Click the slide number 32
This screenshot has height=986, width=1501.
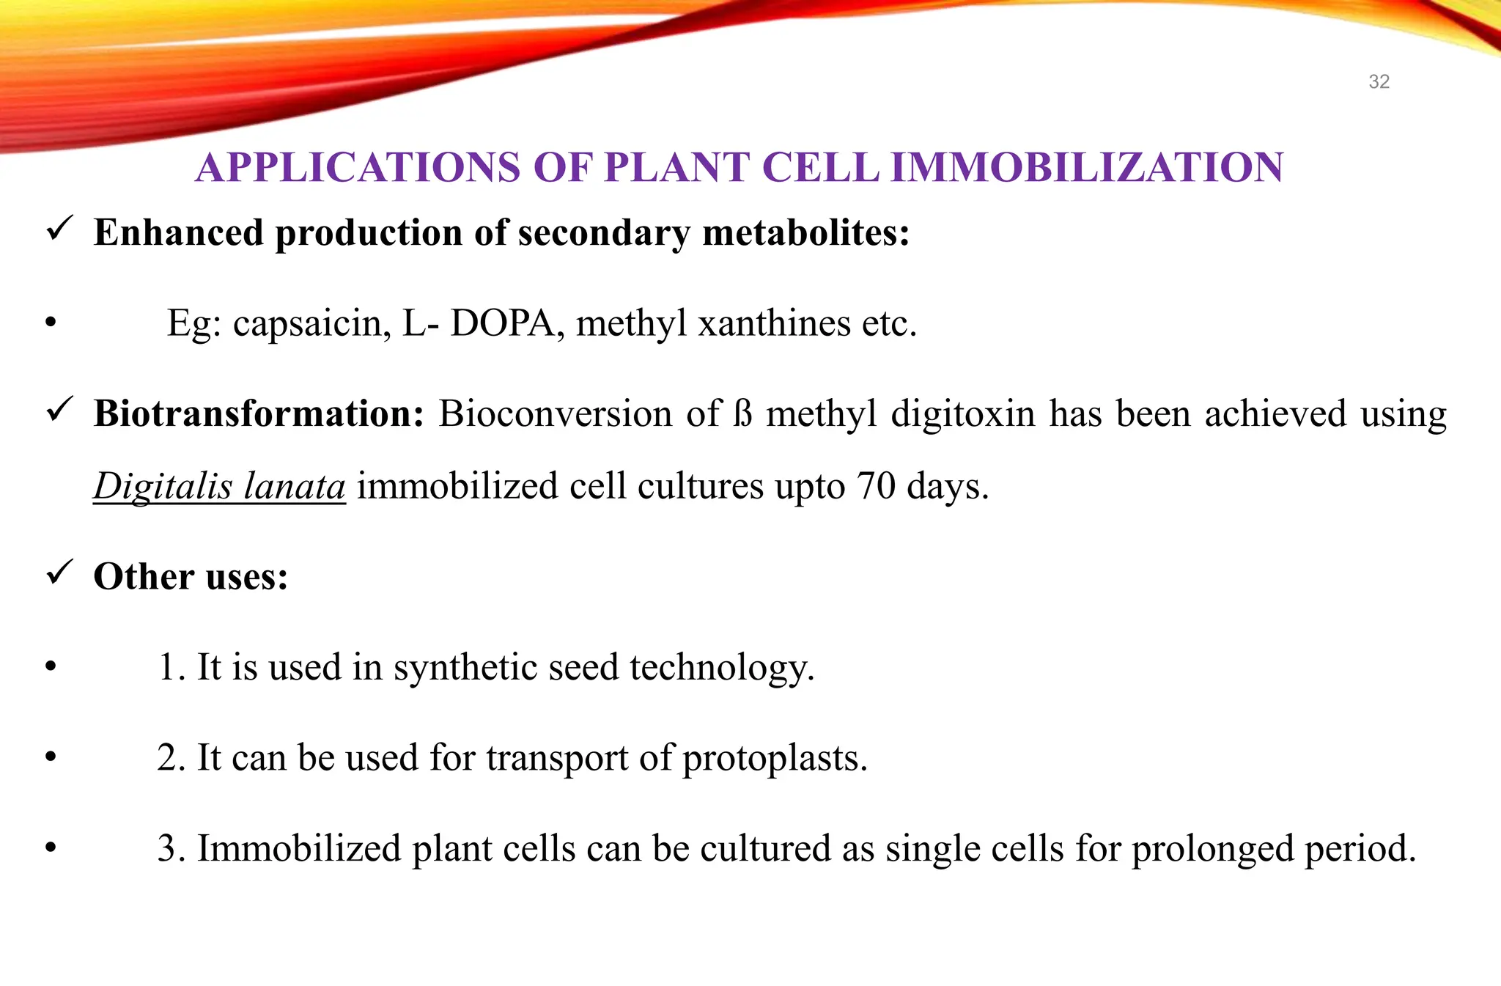click(x=1379, y=81)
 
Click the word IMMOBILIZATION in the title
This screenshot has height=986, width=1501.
click(x=1086, y=168)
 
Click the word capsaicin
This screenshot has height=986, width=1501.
click(x=311, y=323)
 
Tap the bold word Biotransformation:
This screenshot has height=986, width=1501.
click(x=259, y=413)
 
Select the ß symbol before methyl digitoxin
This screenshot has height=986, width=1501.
click(x=743, y=413)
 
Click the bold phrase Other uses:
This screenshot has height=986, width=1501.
click(x=191, y=577)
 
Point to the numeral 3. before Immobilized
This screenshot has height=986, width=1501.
click(x=172, y=849)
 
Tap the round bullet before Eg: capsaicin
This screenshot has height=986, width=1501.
click(x=51, y=323)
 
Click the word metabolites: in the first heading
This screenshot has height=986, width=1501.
click(x=805, y=233)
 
